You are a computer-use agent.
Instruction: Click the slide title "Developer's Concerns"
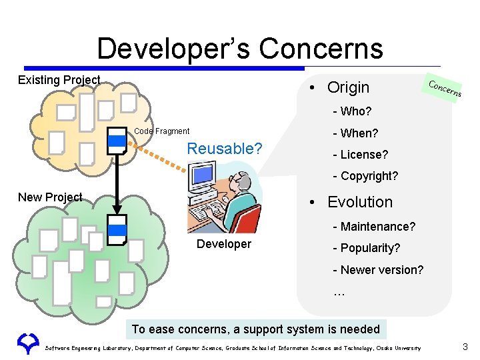click(x=240, y=49)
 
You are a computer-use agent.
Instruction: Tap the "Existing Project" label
click(x=59, y=80)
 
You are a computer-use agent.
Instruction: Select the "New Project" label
click(x=50, y=197)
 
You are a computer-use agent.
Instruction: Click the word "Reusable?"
click(x=225, y=149)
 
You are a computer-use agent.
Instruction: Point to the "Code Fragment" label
click(x=162, y=131)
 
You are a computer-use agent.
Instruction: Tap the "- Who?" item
click(x=352, y=111)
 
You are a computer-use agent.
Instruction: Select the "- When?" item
click(x=355, y=133)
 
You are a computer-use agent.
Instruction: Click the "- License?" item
click(x=360, y=155)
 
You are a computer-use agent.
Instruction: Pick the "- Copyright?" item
click(x=365, y=176)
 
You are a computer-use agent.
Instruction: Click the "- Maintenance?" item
click(x=374, y=227)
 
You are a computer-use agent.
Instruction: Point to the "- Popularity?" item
click(x=367, y=248)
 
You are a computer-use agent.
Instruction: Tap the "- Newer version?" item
click(x=378, y=270)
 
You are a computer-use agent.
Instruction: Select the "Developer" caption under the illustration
click(x=224, y=244)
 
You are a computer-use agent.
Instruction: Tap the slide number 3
click(x=465, y=347)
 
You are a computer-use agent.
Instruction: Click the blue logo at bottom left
click(x=27, y=343)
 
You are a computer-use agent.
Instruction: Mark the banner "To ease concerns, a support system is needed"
click(x=256, y=329)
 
